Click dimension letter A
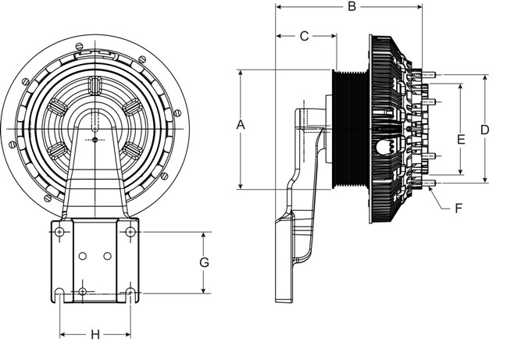point(241,125)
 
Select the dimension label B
point(351,6)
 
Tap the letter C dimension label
point(305,36)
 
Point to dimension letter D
point(485,130)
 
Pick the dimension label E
point(461,140)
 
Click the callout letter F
point(459,209)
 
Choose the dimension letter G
point(205,262)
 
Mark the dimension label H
point(95,334)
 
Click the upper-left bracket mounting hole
point(60,231)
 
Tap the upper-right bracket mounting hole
point(130,231)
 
